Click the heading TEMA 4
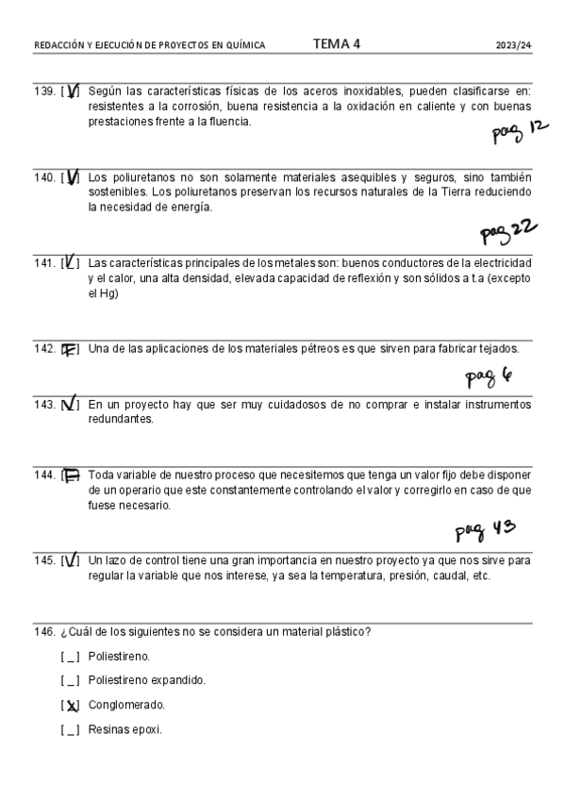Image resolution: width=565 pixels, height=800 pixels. click(337, 43)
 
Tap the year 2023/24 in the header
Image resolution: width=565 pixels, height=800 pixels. click(514, 45)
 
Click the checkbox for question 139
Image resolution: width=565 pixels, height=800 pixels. click(71, 92)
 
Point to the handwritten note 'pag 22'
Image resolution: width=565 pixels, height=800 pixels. click(508, 229)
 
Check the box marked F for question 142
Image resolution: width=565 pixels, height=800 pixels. click(70, 349)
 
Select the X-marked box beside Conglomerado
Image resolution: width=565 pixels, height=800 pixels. click(71, 705)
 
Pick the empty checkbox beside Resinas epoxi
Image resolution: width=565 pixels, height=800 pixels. click(71, 729)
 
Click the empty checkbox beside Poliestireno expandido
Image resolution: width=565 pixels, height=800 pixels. click(71, 680)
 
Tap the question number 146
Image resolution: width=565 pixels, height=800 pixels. click(43, 631)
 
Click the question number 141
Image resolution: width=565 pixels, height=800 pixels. click(43, 262)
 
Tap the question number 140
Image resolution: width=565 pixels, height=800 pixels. click(43, 177)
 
